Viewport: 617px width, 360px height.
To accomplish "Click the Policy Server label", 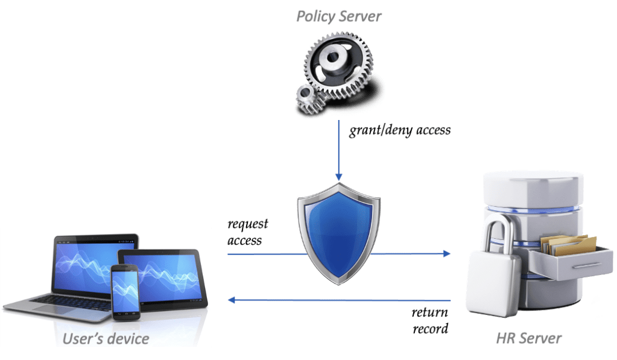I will [338, 16].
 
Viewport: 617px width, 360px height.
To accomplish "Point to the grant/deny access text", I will [400, 130].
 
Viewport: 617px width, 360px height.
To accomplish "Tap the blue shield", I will [338, 235].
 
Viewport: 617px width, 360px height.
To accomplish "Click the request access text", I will [247, 233].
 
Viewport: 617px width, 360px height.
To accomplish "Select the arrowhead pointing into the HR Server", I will [447, 254].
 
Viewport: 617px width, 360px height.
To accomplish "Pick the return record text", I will [430, 321].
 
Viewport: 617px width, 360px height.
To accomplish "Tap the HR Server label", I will [528, 338].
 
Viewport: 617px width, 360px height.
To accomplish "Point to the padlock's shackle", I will [498, 232].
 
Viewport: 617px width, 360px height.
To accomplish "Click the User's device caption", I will [106, 338].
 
